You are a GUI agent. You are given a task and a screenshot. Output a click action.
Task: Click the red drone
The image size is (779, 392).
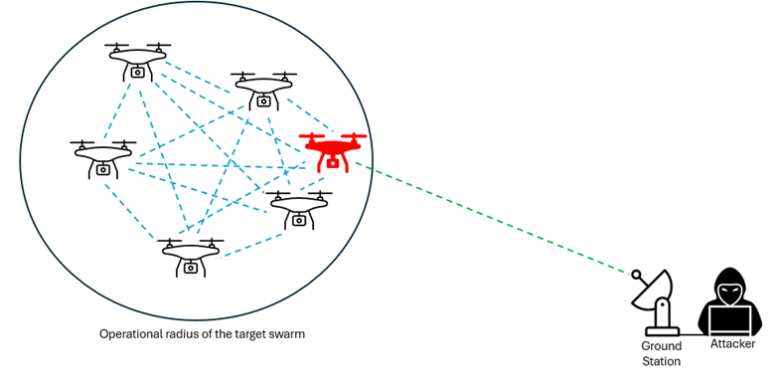coord(333,151)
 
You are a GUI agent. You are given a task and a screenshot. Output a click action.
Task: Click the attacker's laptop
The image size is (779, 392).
coord(729,320)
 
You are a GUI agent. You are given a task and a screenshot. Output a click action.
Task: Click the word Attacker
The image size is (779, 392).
coord(732,344)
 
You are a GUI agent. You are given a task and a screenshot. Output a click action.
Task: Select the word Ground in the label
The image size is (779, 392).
coord(661,346)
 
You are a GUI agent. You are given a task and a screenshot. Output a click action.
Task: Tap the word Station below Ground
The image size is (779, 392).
coord(661,361)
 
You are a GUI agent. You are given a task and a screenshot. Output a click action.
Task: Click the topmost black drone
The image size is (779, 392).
coord(137,61)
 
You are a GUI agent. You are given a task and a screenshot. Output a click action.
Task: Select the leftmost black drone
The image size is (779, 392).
coord(103,159)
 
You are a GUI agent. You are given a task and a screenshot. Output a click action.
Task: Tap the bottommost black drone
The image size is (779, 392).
coord(191,257)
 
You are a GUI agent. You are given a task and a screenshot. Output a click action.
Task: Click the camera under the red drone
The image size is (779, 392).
coord(332,162)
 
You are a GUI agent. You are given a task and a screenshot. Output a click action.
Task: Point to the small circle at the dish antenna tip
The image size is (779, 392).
coord(636,275)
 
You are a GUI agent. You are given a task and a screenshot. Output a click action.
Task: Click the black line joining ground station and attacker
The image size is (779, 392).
coord(694,334)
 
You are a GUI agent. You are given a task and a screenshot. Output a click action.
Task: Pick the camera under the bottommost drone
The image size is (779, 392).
coord(191,268)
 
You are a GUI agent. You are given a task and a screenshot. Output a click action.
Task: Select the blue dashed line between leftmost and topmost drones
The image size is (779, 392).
coord(117,110)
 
